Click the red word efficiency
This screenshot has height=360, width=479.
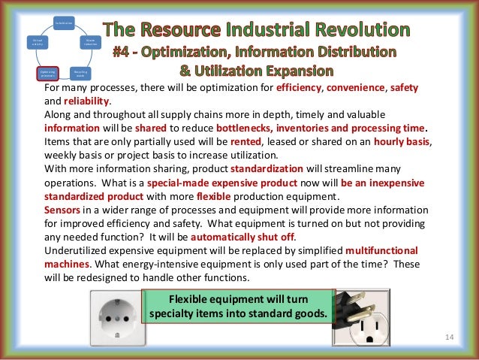click(296, 87)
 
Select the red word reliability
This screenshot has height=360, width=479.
click(89, 100)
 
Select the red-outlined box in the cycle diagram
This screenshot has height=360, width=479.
click(47, 73)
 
